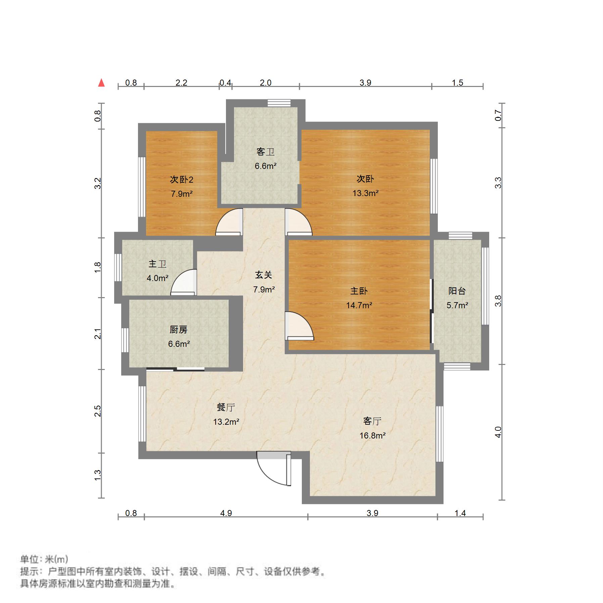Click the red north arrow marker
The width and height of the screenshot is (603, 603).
point(101,83)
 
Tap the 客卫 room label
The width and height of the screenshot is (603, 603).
point(265,152)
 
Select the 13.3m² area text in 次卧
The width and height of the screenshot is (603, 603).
point(365,193)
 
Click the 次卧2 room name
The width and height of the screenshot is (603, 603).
point(182,180)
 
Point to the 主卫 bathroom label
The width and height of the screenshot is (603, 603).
point(157,264)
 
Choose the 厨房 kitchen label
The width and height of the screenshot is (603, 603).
point(178,330)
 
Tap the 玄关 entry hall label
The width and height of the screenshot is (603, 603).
point(264,275)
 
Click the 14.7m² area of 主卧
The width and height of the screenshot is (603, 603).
point(359,305)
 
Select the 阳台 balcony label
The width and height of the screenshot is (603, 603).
point(457,291)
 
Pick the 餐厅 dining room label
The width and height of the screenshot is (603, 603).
point(226,407)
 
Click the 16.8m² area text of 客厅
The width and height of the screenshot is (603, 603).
point(372,436)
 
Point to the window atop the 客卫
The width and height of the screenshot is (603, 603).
point(279,103)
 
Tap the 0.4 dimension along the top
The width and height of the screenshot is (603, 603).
point(225,83)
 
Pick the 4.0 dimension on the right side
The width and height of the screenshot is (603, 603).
point(498,432)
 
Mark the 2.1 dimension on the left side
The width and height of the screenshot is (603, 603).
point(98,334)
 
